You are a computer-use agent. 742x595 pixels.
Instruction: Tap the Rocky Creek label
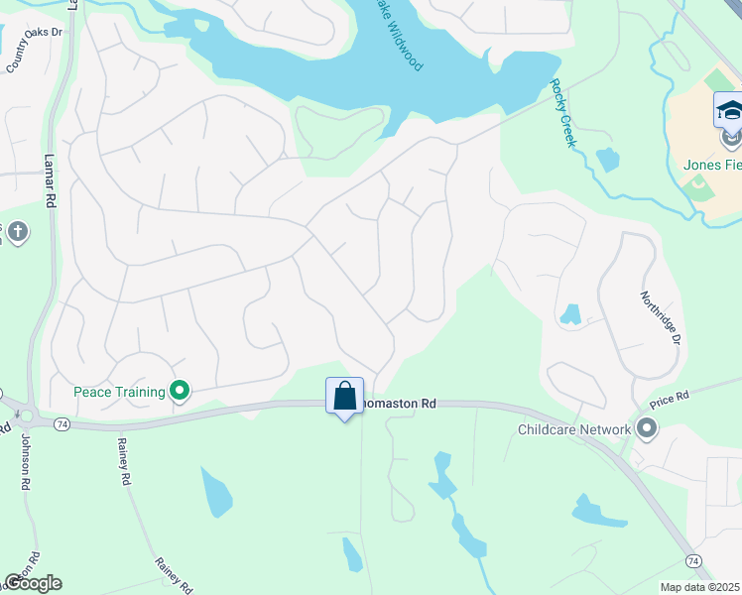pos(562,114)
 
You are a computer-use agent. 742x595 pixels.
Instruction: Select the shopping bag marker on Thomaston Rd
pos(344,397)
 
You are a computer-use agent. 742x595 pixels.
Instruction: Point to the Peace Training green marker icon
pos(180,392)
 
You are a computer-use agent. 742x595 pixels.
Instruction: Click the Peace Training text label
pos(119,392)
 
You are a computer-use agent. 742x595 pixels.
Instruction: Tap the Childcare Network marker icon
pos(647,429)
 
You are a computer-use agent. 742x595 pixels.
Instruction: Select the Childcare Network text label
pos(574,430)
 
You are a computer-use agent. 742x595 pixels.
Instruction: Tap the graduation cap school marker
pos(729,110)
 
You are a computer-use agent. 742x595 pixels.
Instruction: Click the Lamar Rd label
pos(49,179)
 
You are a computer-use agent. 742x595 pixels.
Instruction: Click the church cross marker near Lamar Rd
pos(17,234)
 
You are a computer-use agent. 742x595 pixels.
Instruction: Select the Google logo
pos(33,583)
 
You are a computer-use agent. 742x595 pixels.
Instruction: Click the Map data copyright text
pos(699,587)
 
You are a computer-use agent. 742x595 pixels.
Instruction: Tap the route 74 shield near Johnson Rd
pos(62,423)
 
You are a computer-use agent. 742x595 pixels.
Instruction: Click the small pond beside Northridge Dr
pos(570,315)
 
